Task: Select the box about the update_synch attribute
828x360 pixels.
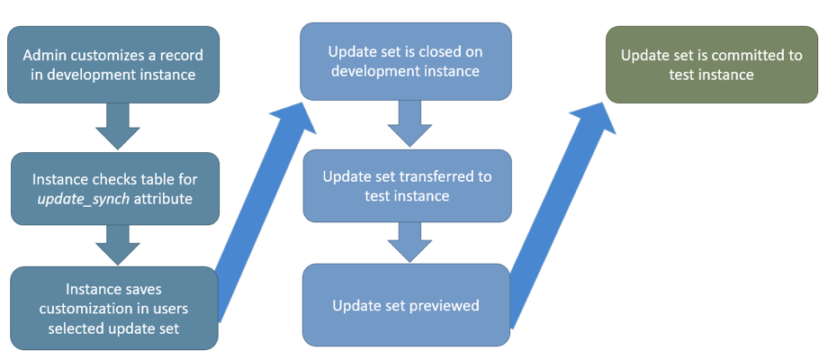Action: click(x=114, y=188)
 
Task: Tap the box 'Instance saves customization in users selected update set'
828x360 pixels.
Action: click(x=114, y=308)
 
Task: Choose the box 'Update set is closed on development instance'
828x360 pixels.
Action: click(x=405, y=60)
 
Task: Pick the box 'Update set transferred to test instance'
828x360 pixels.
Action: click(x=407, y=185)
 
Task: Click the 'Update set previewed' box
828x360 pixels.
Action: click(x=407, y=305)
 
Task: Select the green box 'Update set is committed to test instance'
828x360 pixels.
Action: click(x=711, y=65)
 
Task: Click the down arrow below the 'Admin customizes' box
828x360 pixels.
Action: click(x=117, y=125)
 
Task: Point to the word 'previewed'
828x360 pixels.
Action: click(x=445, y=306)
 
